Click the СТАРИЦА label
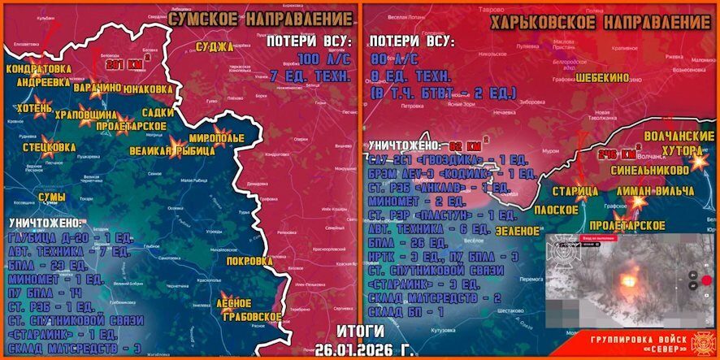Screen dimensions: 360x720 pyautogui.click(x=575, y=190)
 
